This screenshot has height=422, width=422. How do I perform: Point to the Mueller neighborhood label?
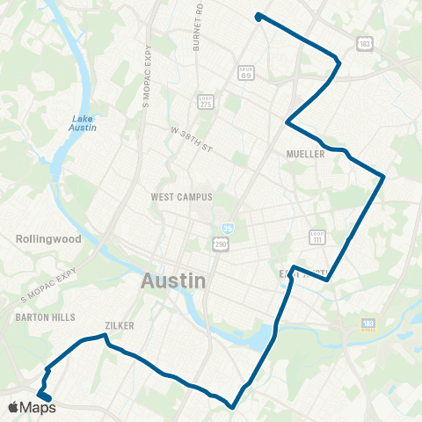pos(306,154)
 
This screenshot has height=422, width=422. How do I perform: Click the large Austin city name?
pos(174,281)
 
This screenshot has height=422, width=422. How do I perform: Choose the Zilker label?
pos(119,325)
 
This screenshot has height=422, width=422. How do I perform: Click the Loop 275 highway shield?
pos(206,101)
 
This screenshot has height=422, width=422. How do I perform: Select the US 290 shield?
pos(220,242)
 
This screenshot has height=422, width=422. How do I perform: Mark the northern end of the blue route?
pos(258,16)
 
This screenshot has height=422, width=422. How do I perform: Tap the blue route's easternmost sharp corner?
pos(384,178)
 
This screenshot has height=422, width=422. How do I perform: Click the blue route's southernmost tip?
pos(231,407)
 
